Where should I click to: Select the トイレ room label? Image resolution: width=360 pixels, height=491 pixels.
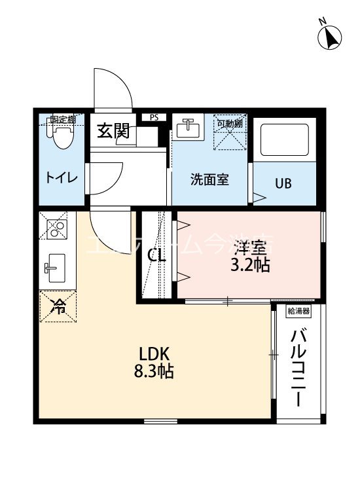[62, 178]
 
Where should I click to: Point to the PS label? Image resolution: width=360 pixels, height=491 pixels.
[154, 118]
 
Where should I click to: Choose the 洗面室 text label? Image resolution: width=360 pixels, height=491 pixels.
[209, 179]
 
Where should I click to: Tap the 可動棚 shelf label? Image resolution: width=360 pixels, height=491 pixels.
[230, 122]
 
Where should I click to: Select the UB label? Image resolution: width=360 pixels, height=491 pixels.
[282, 183]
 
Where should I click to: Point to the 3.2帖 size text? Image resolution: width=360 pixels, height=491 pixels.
[249, 265]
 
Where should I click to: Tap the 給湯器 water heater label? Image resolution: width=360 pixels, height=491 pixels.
[298, 312]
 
